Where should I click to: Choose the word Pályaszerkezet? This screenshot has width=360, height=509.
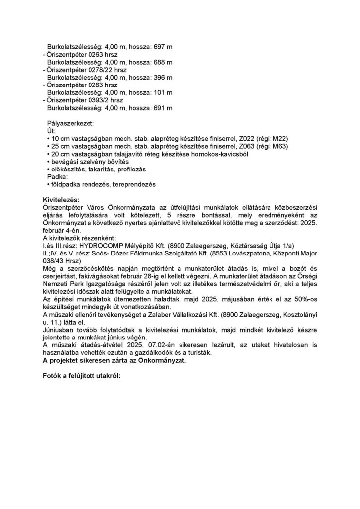coord(70,123)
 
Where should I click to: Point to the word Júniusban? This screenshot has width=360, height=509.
coord(60,330)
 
